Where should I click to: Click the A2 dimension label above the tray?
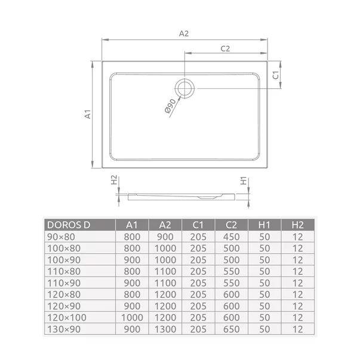(184, 33)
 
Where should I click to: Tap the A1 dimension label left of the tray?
(87, 115)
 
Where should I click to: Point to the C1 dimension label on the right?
(275, 75)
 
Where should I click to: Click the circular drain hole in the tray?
(185, 88)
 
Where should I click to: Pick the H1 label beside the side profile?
(243, 180)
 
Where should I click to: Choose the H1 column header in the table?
(264, 225)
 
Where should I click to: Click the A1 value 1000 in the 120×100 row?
(133, 316)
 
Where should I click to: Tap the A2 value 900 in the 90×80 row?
(165, 237)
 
